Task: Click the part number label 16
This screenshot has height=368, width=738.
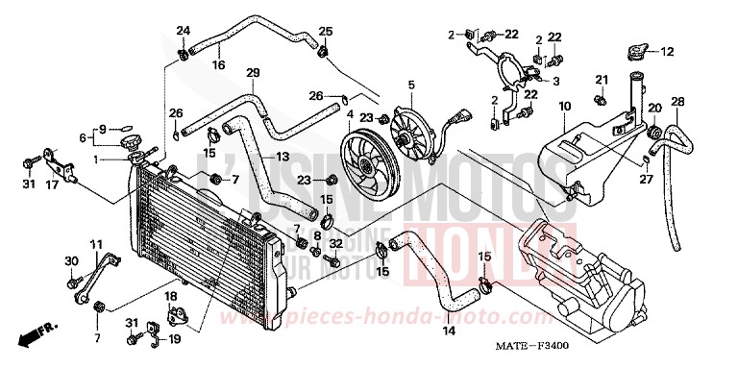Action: [218, 65]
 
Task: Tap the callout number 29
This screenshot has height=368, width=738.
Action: [254, 74]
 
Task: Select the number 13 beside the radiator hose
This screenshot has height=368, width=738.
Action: [283, 157]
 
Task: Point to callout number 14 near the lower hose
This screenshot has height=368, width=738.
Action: [448, 331]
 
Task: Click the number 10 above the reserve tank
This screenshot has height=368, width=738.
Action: [564, 105]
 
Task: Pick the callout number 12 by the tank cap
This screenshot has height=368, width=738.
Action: [667, 52]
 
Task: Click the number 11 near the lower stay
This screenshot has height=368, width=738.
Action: [95, 246]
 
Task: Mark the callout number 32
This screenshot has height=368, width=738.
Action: [336, 245]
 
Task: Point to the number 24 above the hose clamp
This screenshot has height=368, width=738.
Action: [183, 30]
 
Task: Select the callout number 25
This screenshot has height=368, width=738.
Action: [326, 30]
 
